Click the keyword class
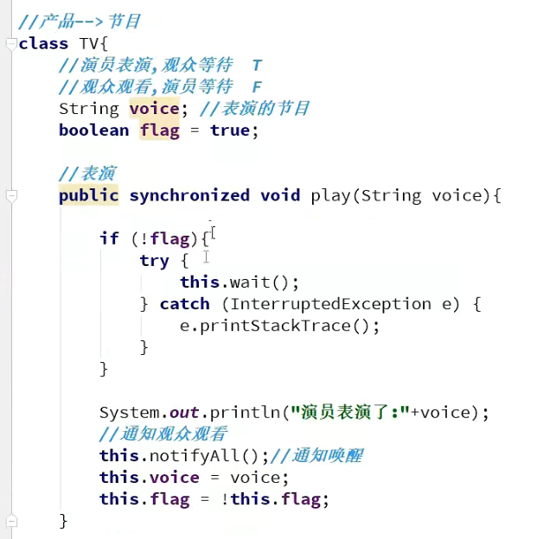pyautogui.click(x=43, y=43)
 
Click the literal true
pyautogui.click(x=229, y=130)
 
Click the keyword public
pyautogui.click(x=88, y=195)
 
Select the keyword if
pyautogui.click(x=109, y=238)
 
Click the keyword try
pyautogui.click(x=154, y=260)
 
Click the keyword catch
pyautogui.click(x=185, y=304)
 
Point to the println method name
pyautogui.click(x=250, y=412)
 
